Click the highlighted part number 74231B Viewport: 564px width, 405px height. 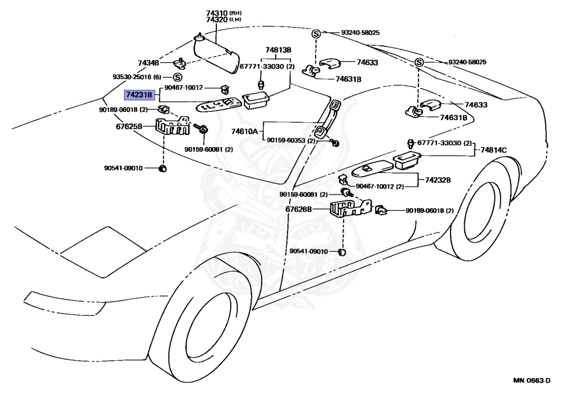[x=139, y=95]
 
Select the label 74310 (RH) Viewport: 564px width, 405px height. [x=224, y=13]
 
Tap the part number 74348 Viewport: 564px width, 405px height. [x=148, y=63]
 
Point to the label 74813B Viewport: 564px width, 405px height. [x=278, y=50]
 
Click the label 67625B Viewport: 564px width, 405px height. [x=129, y=126]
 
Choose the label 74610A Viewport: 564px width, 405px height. [x=244, y=131]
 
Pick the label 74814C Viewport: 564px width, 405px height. [x=493, y=150]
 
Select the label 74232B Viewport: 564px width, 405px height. [x=438, y=180]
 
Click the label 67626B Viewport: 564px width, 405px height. [x=299, y=209]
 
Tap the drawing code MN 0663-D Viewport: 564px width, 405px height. [x=532, y=381]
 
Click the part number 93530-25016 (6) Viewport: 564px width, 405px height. [x=137, y=77]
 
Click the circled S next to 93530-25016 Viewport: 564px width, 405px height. [x=177, y=77]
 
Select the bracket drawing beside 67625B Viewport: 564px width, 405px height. [x=172, y=126]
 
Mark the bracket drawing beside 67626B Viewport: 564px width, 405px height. [x=350, y=208]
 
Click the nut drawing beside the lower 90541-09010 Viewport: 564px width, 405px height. [x=342, y=252]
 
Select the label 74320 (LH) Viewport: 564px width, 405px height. [x=224, y=20]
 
